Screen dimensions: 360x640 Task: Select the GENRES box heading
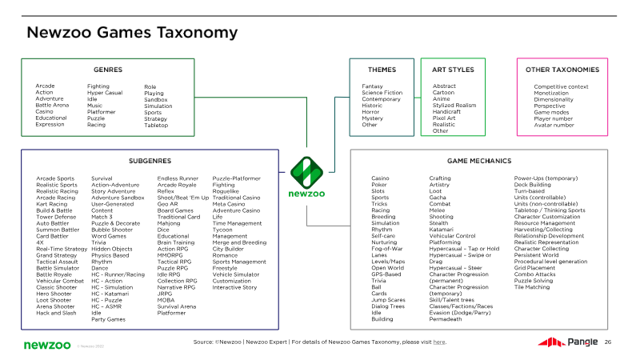click(108, 70)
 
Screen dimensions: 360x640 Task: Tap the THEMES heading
click(382, 70)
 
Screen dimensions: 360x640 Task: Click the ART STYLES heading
click(453, 70)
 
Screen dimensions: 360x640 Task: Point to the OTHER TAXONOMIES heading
click(562, 70)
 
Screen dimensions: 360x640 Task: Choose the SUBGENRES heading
click(150, 160)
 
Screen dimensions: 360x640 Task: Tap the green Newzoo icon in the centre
click(306, 170)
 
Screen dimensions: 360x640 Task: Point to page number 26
click(607, 342)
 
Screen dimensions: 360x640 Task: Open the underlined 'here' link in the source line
click(438, 342)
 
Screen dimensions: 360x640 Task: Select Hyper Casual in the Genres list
click(104, 93)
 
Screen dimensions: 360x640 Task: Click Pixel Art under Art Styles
click(444, 118)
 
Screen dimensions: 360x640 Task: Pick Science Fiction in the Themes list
click(382, 93)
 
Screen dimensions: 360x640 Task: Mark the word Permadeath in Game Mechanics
click(446, 319)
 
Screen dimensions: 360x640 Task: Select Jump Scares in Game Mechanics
click(388, 300)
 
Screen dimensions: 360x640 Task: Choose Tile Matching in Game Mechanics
click(533, 287)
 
